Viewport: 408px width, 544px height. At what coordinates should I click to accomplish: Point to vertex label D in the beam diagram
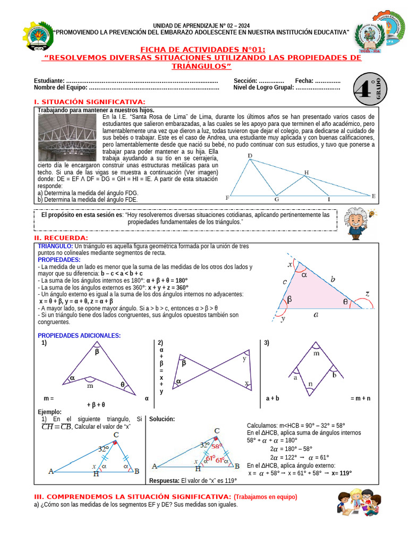click(x=250, y=156)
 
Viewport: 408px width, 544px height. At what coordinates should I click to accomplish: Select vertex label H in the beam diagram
click(x=306, y=172)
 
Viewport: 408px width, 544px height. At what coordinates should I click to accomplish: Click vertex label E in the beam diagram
click(x=373, y=196)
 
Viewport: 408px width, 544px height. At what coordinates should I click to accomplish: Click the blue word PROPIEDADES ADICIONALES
click(x=79, y=335)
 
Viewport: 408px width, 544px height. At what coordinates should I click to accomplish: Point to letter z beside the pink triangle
click(x=367, y=293)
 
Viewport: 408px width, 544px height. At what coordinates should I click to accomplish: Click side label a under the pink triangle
click(x=316, y=314)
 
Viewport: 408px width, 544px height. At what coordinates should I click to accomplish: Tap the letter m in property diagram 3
click(x=317, y=353)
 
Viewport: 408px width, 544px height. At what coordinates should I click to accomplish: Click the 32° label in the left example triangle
click(x=104, y=448)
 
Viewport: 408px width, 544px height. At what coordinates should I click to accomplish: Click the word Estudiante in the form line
click(x=49, y=80)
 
